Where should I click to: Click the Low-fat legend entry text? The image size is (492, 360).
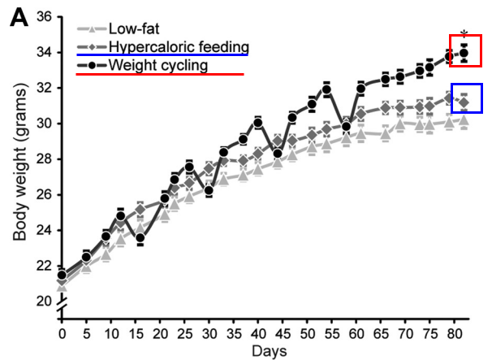[136, 29]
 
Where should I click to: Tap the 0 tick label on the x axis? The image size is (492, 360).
[62, 332]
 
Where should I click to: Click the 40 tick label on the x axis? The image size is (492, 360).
[257, 332]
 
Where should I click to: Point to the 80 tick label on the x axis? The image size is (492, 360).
[453, 332]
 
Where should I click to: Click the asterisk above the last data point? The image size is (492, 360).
[464, 34]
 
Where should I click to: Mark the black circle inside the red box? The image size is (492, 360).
[464, 54]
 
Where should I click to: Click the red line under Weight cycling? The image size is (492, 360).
[159, 74]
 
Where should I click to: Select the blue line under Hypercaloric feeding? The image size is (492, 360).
[162, 55]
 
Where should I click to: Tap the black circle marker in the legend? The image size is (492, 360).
[94, 63]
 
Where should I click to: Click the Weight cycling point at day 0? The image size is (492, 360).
[62, 275]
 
